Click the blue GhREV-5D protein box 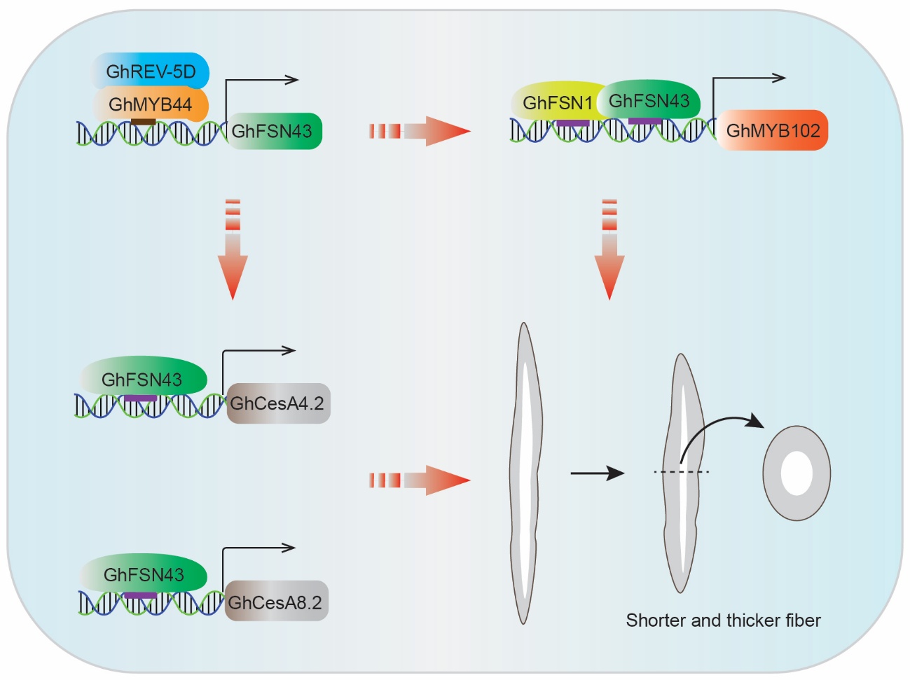151,71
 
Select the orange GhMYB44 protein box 151,104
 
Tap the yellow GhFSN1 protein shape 553,103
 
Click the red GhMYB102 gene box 772,130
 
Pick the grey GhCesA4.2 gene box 278,403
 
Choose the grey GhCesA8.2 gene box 276,602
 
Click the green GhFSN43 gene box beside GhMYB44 274,131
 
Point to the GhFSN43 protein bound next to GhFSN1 649,100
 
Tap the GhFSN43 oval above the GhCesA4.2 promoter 144,379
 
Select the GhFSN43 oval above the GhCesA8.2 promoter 144,574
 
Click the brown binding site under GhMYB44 143,122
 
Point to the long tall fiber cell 524,473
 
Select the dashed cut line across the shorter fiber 682,472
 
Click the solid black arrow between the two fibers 597,473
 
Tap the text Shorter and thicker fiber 723,620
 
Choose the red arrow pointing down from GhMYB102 609,252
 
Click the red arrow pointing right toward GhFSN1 420,131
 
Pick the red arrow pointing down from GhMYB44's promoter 233,252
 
